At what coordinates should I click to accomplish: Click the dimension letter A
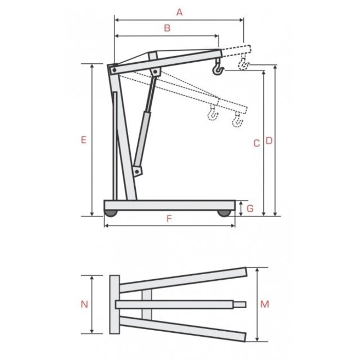[179, 12]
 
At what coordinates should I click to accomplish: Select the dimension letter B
[166, 29]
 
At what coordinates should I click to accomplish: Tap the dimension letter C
[257, 143]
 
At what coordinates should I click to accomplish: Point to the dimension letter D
[268, 140]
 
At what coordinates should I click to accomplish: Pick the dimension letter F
[169, 218]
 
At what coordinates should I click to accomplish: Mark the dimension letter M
[265, 304]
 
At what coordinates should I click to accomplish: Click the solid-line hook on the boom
[218, 66]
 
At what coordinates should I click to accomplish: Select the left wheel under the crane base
[111, 212]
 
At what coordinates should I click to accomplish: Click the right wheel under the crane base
[223, 212]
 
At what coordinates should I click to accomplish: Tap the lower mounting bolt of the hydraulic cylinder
[137, 170]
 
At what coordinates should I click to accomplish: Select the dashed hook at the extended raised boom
[243, 65]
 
